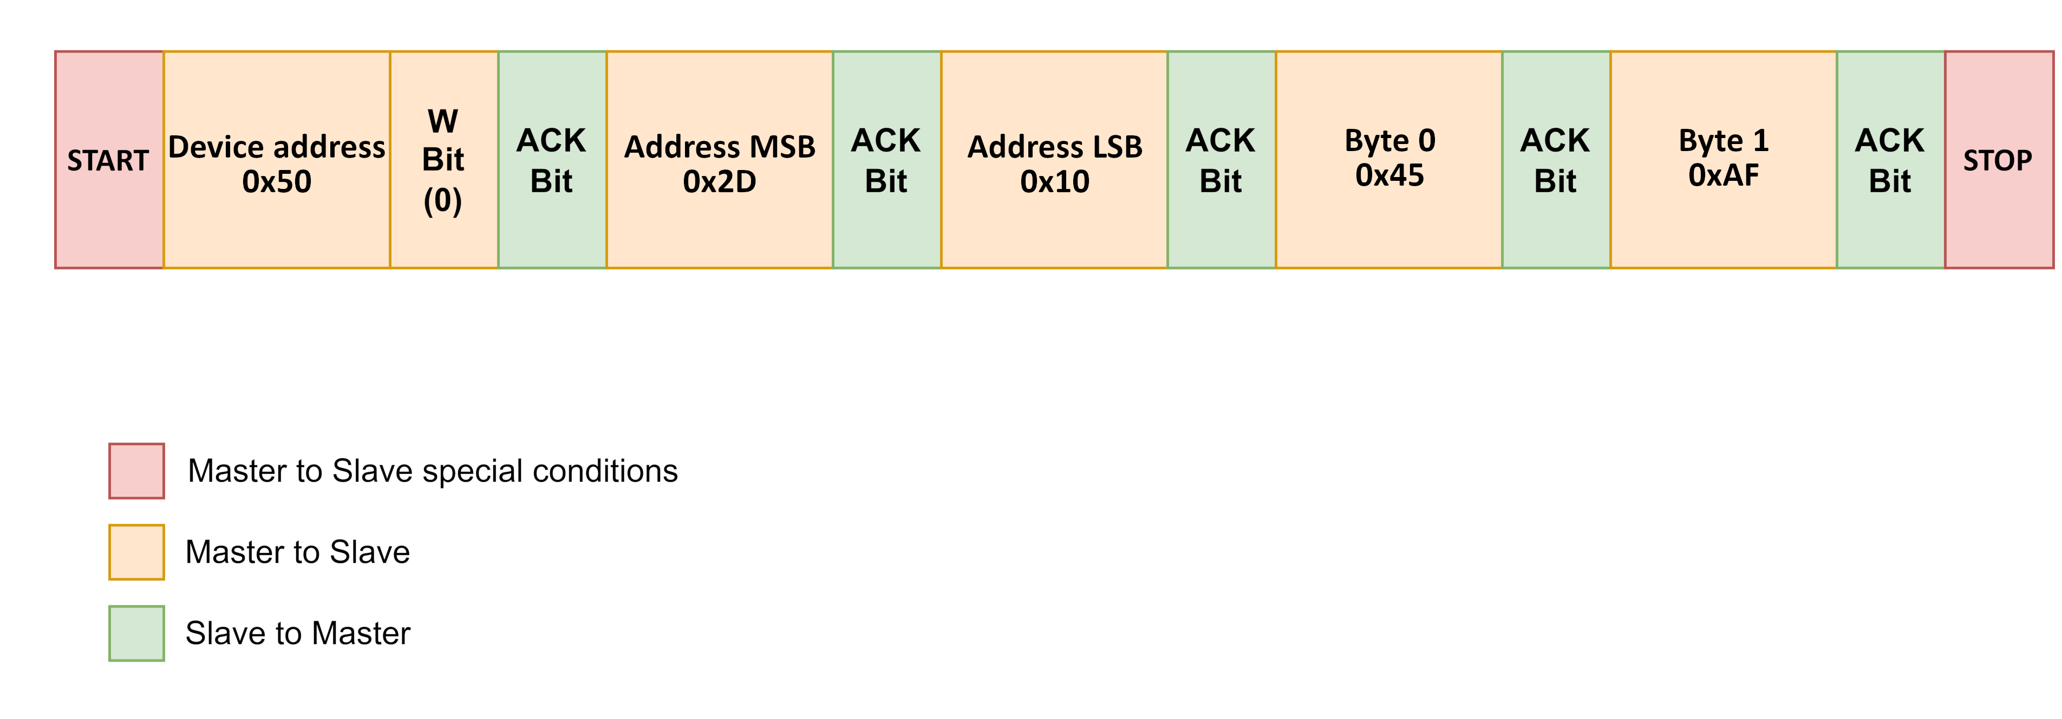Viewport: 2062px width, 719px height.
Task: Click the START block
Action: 109,160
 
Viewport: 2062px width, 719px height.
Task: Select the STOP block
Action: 1998,160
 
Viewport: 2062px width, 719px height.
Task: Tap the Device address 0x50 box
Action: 276,160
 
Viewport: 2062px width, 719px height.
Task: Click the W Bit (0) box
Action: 443,160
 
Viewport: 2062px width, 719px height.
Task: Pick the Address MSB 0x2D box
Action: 719,160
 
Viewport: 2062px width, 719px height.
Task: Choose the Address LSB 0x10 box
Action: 1054,160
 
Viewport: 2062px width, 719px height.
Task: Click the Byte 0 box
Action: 1389,160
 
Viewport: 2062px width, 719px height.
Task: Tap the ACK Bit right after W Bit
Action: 552,160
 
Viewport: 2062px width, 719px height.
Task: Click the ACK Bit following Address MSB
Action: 886,160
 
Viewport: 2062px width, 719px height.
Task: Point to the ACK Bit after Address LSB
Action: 1221,160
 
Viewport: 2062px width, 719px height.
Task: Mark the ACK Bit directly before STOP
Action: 1890,160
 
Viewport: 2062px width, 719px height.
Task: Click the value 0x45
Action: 1389,175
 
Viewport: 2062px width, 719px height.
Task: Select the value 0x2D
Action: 719,182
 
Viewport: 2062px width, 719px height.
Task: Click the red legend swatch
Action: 136,471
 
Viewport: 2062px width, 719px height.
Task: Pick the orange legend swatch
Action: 136,552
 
